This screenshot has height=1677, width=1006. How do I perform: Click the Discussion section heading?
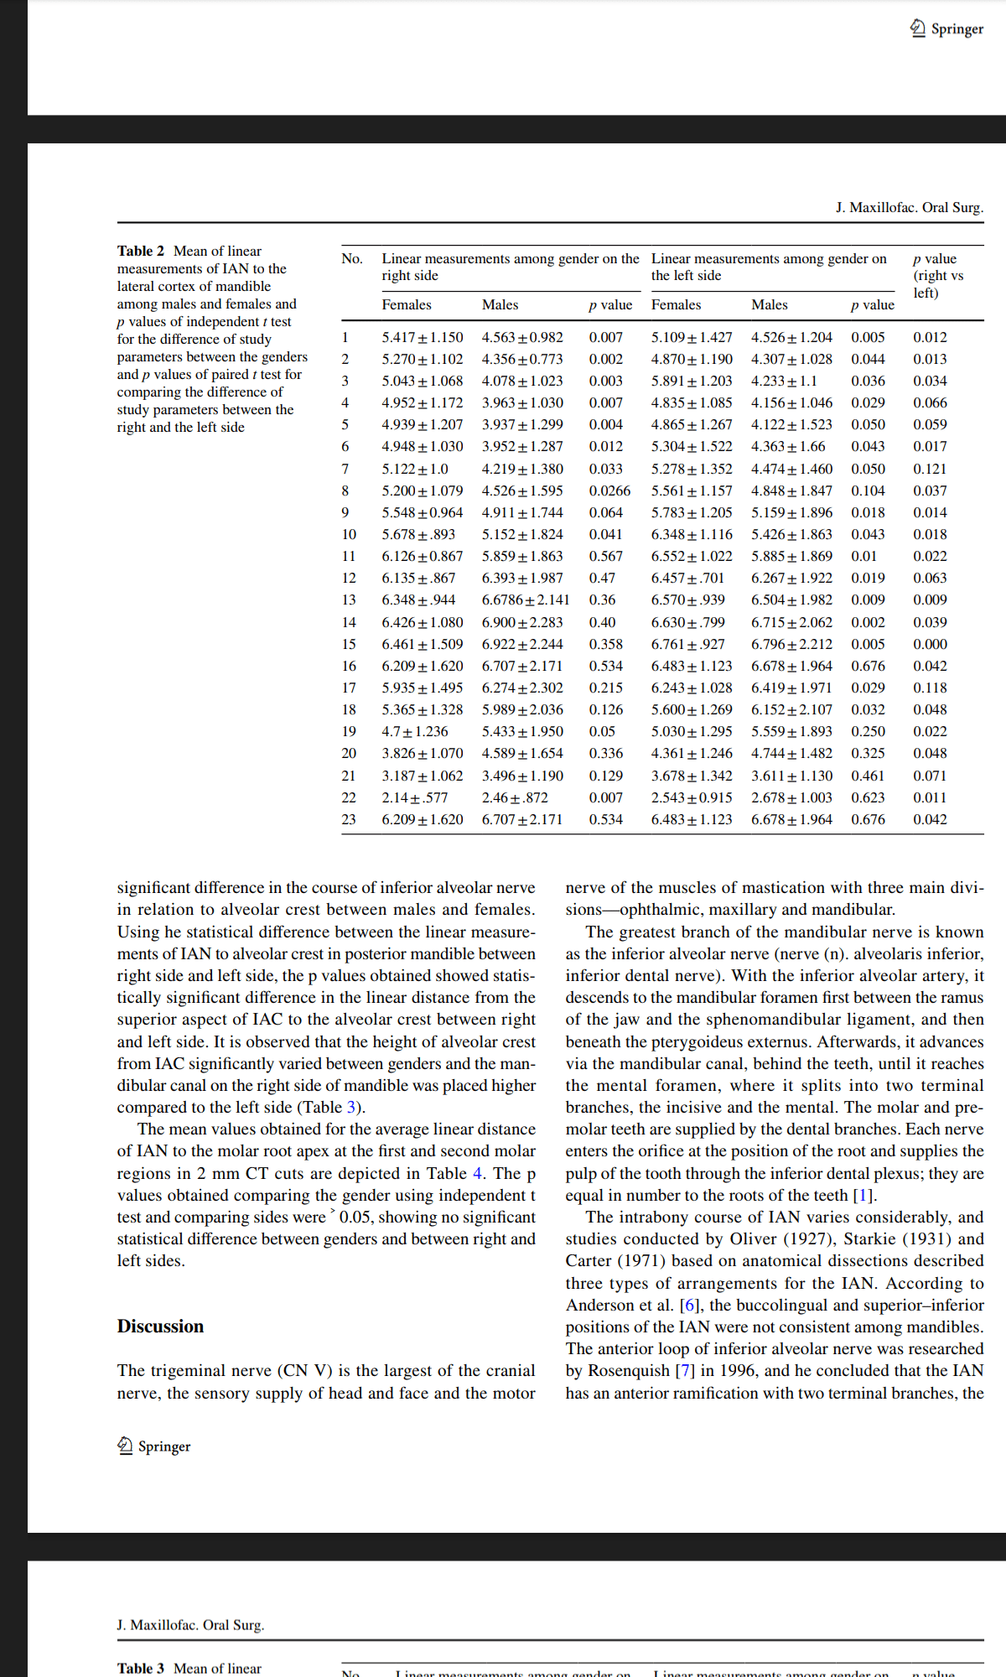160,1327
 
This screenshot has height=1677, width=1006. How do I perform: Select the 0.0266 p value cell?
609,491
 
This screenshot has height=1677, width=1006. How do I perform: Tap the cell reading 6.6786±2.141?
525,600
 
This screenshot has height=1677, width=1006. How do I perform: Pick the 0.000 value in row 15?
930,644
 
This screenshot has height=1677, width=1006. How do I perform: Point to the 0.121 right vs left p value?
930,469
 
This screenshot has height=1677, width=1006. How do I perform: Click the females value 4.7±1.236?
415,732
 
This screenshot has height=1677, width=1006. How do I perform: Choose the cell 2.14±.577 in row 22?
415,797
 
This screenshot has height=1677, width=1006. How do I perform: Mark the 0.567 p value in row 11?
605,556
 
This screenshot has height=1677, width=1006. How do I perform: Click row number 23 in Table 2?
349,819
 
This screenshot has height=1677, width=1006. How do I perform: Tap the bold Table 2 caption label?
141,251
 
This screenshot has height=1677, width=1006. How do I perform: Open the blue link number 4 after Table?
477,1173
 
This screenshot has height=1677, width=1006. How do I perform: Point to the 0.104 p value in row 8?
868,491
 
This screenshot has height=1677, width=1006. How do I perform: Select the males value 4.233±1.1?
783,381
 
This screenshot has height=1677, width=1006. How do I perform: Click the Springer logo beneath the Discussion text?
154,1446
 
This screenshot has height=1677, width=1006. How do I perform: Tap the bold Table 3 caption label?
141,1668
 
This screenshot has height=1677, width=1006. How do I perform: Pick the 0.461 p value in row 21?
868,776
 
